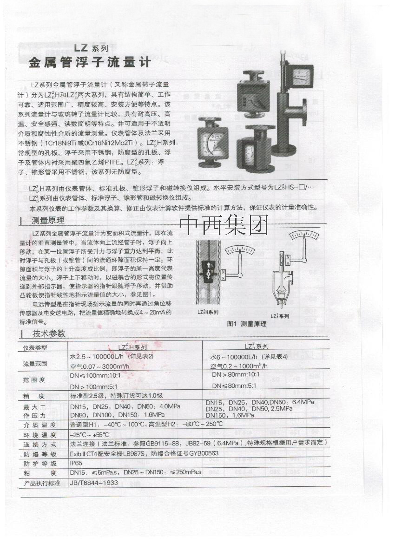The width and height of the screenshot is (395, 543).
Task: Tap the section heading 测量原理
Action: pyautogui.click(x=48, y=220)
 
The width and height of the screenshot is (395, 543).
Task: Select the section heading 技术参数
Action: pyautogui.click(x=49, y=334)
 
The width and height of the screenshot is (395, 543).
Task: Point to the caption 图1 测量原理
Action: pyautogui.click(x=246, y=324)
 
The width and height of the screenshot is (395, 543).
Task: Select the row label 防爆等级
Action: pyautogui.click(x=40, y=454)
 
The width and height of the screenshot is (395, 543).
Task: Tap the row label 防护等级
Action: pyautogui.click(x=40, y=464)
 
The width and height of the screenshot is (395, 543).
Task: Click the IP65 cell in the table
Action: pyautogui.click(x=76, y=464)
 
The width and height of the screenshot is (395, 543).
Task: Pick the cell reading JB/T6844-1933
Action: pyautogui.click(x=94, y=483)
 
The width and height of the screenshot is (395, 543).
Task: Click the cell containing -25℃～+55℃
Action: pyautogui.click(x=89, y=435)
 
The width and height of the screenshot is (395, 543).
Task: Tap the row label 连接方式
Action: pyautogui.click(x=40, y=445)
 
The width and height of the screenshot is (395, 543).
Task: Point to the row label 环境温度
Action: pyautogui.click(x=40, y=435)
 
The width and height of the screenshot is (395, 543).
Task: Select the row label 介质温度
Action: pyautogui.click(x=40, y=425)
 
